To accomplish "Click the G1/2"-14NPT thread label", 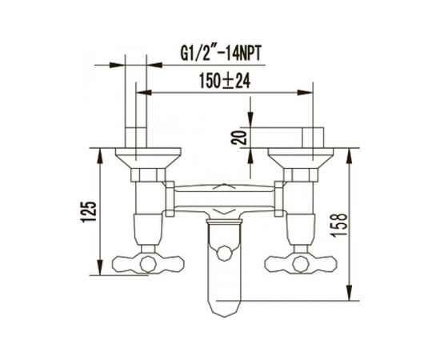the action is coord(221,54).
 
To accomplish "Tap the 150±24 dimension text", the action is coord(225,81).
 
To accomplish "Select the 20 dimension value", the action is coord(239,138).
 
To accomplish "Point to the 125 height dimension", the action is coord(90,211).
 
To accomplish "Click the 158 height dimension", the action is coord(340,225).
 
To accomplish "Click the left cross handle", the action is coord(148,264).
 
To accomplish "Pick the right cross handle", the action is coord(301,264).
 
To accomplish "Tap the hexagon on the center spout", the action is coord(225,253).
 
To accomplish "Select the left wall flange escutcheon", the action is coord(148,158).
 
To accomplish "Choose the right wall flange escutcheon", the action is coord(301,158).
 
